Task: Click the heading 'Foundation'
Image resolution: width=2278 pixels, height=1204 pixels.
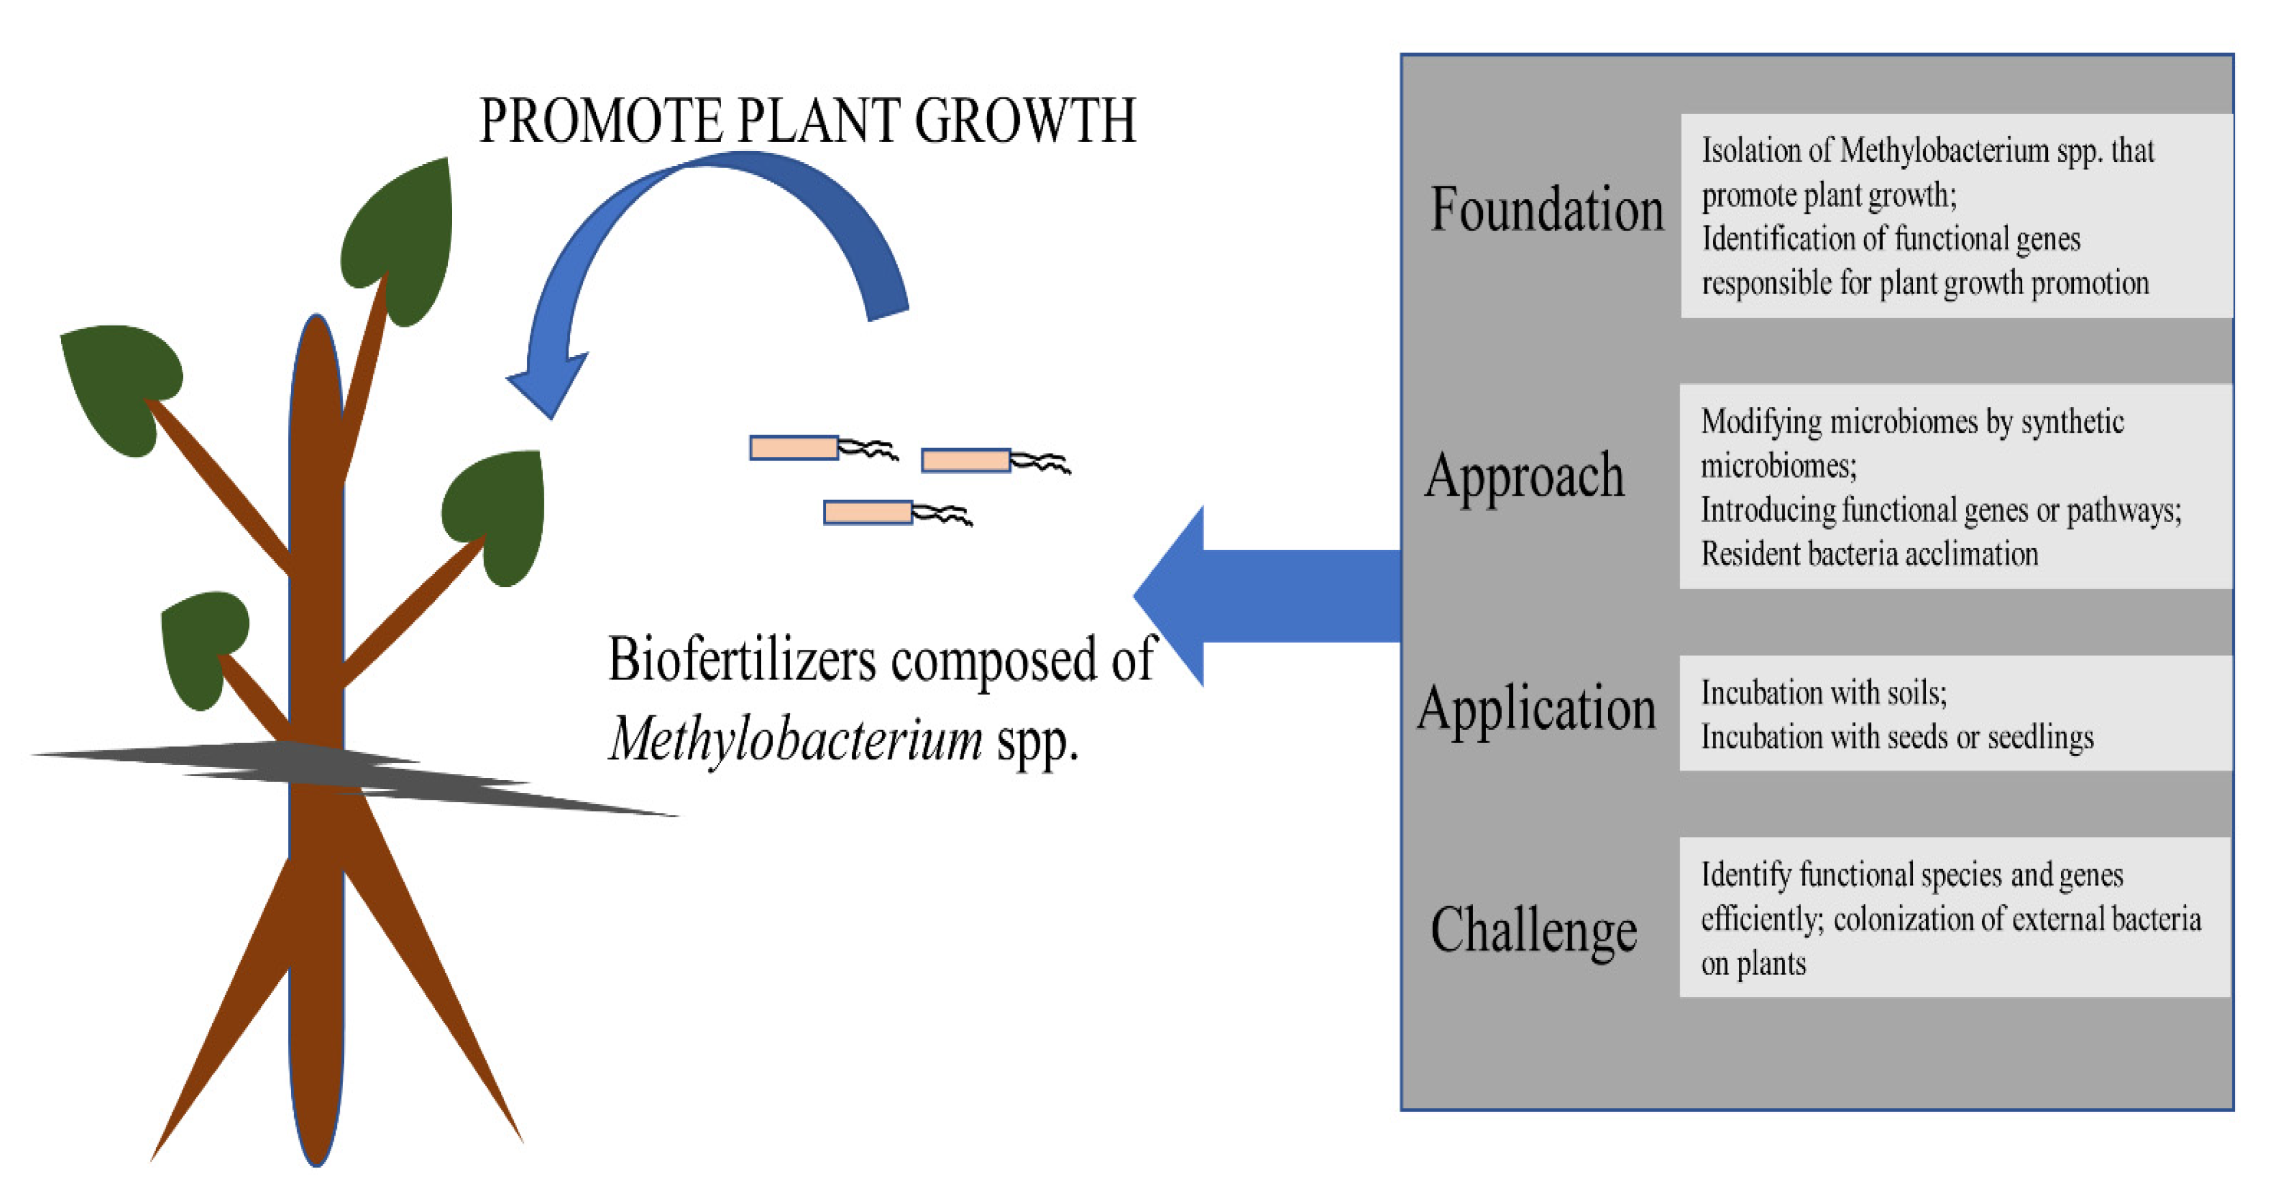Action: (1546, 210)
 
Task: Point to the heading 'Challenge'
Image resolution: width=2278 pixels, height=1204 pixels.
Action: (1533, 930)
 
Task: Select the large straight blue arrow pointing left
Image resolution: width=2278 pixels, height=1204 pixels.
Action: (1265, 596)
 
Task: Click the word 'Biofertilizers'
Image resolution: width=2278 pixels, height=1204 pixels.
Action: (741, 660)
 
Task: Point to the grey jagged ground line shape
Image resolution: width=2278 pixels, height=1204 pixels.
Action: (353, 774)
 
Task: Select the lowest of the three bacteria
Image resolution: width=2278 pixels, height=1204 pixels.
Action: (867, 513)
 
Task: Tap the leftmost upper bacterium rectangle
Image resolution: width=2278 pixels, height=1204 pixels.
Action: (793, 448)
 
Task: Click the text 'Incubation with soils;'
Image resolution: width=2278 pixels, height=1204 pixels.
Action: (1823, 692)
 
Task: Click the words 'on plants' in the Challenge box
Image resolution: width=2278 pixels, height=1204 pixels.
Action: (1752, 964)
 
